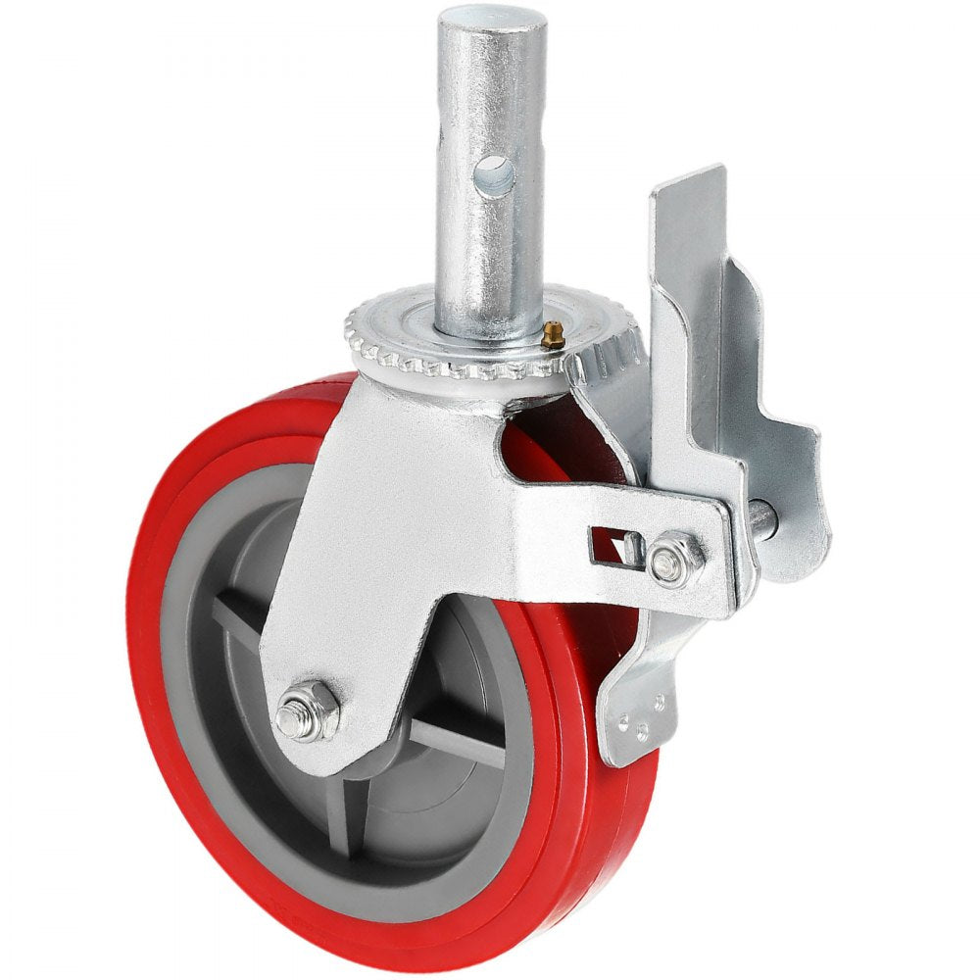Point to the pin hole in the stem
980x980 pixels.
point(495,177)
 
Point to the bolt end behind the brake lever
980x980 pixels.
point(764,516)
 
